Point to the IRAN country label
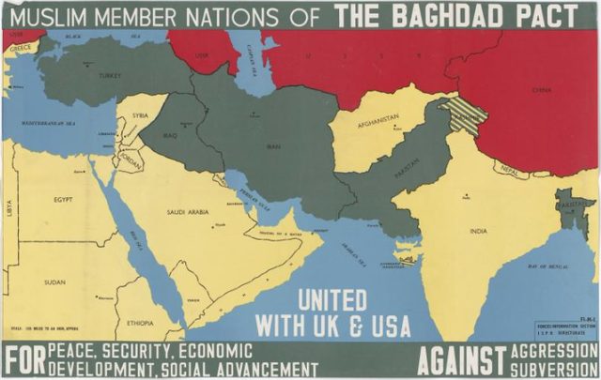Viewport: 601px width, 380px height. pos(274,147)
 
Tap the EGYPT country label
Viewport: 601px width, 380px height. pos(63,200)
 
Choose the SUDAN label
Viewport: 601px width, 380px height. pos(55,281)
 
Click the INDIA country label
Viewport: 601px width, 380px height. pos(478,230)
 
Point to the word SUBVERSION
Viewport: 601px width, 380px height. pos(562,366)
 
